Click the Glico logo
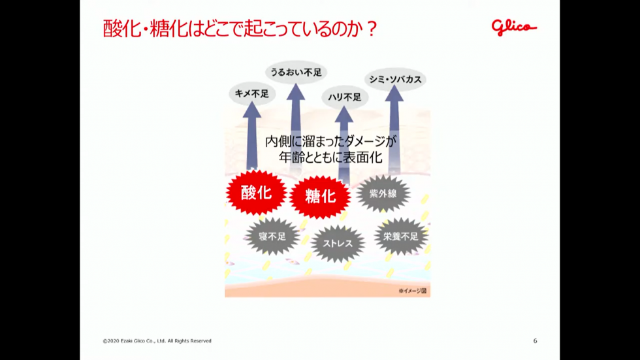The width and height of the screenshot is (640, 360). [x=514, y=27]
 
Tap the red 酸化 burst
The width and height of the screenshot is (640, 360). [x=256, y=193]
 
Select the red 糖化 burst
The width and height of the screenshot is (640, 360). [x=320, y=197]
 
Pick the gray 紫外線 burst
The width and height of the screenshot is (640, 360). [x=383, y=193]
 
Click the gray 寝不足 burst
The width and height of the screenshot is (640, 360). [x=272, y=237]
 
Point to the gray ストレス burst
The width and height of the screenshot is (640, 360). [x=338, y=244]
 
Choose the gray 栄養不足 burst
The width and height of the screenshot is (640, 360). [x=401, y=237]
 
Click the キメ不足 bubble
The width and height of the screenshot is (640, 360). [x=252, y=94]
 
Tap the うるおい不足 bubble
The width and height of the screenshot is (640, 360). [x=296, y=73]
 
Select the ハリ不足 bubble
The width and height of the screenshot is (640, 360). [x=345, y=97]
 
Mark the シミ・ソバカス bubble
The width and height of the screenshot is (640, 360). [x=395, y=80]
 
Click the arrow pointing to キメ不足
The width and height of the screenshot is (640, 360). [x=252, y=135]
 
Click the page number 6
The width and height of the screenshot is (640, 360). [x=535, y=341]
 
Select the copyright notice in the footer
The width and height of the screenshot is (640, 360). [x=157, y=341]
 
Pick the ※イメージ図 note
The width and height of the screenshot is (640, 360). [x=413, y=291]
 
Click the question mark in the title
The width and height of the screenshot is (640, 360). [x=372, y=29]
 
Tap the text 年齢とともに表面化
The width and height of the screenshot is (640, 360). [x=330, y=157]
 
